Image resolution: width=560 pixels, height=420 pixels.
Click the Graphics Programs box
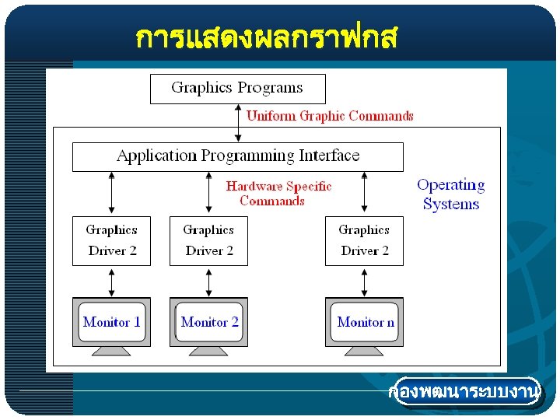point(237,88)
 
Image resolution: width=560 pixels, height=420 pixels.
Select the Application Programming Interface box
point(237,156)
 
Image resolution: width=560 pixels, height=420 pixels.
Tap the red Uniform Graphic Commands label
point(330,116)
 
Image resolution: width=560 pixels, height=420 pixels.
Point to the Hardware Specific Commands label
point(278,194)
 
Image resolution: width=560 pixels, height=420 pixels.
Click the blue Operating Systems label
point(451,194)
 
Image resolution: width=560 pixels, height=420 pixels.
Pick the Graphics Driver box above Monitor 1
point(112,240)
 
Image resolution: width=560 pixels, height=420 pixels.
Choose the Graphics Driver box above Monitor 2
point(208,240)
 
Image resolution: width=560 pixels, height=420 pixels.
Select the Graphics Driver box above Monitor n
point(364,240)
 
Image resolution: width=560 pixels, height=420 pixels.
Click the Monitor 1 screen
point(112,321)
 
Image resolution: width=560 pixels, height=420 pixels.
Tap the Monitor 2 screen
point(209,321)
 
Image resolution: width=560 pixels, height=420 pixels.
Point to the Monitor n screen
point(365,321)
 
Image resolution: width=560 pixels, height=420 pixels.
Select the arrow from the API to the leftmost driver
point(112,193)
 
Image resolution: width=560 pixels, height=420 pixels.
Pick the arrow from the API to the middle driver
point(208,193)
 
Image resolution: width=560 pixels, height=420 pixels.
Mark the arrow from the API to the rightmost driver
point(364,193)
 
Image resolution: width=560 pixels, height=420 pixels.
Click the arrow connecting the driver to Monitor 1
point(112,281)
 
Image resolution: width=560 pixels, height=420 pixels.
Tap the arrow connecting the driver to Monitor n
point(364,281)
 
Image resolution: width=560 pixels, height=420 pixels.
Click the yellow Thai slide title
point(266,37)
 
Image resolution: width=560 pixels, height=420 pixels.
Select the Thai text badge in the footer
point(464,393)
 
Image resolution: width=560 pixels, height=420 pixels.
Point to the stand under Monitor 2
point(209,351)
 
